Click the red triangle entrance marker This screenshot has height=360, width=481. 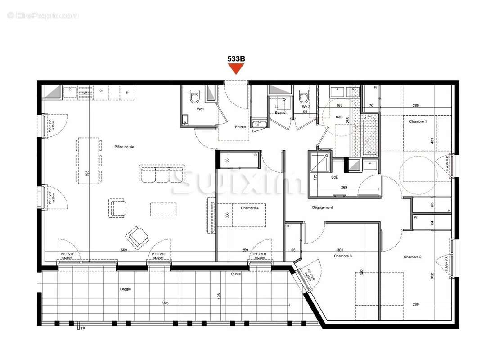pos(236,69)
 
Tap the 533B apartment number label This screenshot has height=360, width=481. pos(236,58)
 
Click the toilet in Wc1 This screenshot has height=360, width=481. pos(195,97)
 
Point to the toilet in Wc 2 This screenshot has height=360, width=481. pos(304,96)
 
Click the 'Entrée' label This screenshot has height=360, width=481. pos(240,127)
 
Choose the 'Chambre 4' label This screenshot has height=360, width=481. pos(250,208)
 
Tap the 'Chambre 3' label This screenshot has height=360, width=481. pos(343,256)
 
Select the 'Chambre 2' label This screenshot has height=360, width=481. pos(412,257)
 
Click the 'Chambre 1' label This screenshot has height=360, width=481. pos(418,121)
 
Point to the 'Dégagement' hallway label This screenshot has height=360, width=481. pos(323,207)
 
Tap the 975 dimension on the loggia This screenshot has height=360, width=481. pos(165,303)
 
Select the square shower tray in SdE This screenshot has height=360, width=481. pos(319,162)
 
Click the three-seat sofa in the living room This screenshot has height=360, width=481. pos(162,174)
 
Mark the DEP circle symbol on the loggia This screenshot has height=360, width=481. pos(232,274)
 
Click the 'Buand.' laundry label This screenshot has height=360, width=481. pos(280,113)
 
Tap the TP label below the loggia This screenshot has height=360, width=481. pos(82,329)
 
